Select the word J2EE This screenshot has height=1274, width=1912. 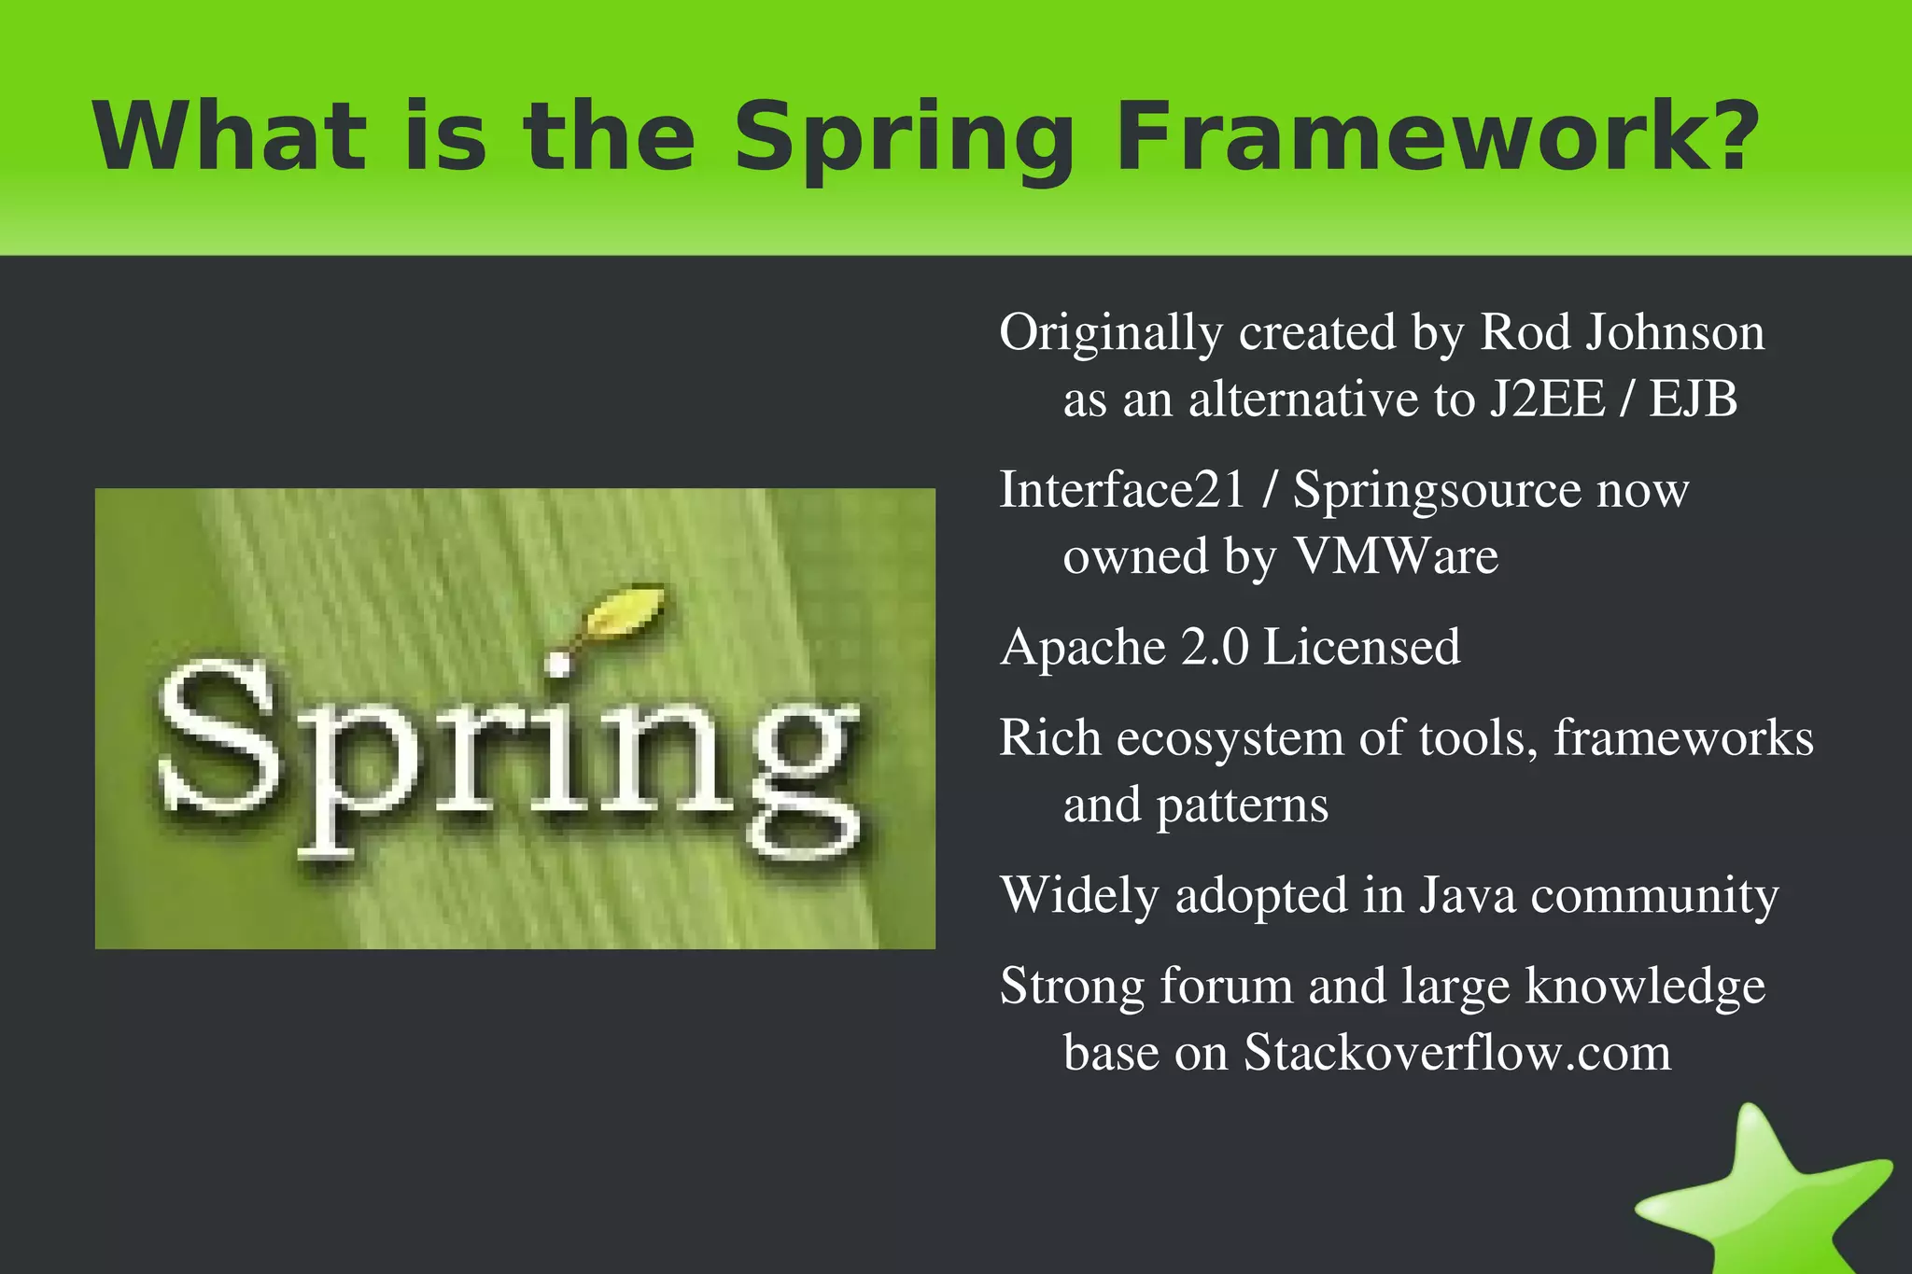1547,399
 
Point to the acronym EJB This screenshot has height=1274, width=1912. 1693,399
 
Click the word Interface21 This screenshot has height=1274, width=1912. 1121,490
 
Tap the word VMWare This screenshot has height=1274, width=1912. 1396,556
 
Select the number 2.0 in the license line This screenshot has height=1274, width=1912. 1215,648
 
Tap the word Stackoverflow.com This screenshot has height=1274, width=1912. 1457,1053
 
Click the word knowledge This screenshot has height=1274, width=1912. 1645,987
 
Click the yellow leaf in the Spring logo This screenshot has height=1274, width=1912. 626,612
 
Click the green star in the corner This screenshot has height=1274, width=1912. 1764,1199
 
